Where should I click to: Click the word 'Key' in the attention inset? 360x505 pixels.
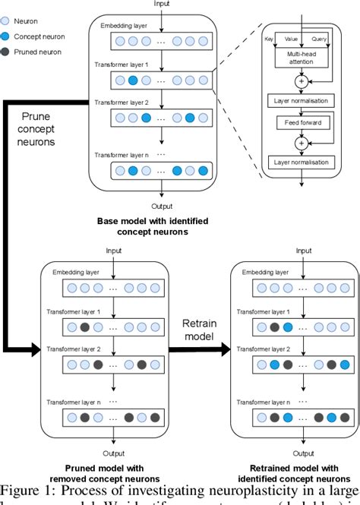[268, 36]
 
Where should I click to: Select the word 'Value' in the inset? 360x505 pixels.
[290, 36]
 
